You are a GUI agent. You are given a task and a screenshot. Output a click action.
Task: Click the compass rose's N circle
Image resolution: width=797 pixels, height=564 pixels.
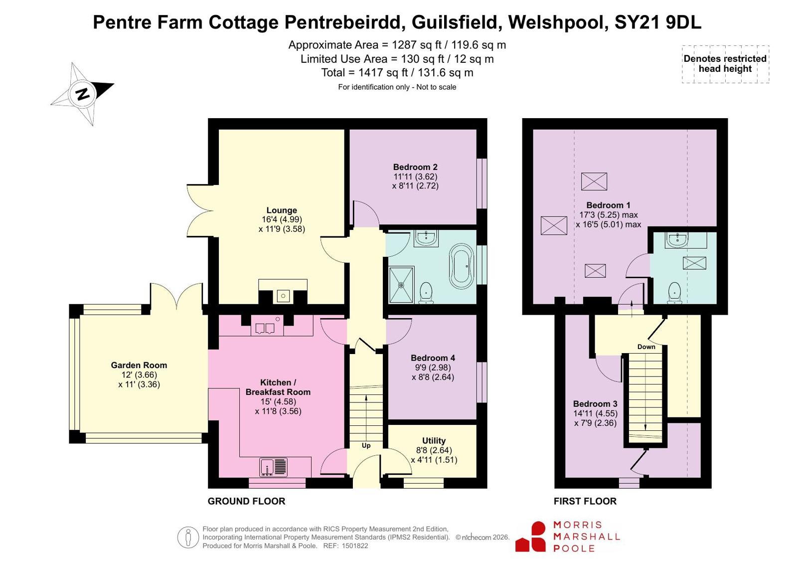click(83, 94)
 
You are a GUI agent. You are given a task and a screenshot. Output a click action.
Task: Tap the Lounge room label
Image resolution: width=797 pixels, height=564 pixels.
click(282, 210)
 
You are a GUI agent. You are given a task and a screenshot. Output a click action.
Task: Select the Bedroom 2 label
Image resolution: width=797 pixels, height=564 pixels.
click(415, 167)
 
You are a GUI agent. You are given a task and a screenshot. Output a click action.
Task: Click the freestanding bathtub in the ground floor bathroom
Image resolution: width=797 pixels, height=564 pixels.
click(462, 266)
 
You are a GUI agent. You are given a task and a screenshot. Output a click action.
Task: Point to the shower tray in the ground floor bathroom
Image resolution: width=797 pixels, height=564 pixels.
click(401, 284)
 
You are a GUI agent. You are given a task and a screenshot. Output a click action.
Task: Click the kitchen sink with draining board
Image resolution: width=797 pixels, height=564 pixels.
click(273, 467)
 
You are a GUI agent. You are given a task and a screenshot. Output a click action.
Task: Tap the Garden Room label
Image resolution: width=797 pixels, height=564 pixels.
click(139, 365)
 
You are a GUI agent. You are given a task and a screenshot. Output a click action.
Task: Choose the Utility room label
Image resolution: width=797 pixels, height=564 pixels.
click(434, 440)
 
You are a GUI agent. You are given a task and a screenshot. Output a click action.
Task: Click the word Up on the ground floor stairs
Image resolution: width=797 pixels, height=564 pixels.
click(366, 445)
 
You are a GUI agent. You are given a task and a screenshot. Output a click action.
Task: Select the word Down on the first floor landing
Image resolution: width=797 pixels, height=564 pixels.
click(646, 347)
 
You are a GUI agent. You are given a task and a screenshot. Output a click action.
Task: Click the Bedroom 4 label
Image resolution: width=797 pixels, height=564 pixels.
click(433, 358)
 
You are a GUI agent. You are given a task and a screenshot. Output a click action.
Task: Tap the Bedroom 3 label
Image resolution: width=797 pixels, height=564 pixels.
click(595, 404)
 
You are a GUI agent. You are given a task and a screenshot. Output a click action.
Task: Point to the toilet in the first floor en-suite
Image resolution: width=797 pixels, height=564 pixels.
click(674, 293)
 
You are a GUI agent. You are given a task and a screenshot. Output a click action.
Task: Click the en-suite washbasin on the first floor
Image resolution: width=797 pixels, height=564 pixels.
click(676, 240)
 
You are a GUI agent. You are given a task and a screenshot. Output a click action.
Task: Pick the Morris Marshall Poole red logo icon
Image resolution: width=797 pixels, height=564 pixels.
click(530, 537)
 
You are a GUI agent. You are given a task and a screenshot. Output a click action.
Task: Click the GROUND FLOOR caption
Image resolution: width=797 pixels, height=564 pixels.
click(247, 501)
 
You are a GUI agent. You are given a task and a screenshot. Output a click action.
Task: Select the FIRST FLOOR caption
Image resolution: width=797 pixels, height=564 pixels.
click(585, 501)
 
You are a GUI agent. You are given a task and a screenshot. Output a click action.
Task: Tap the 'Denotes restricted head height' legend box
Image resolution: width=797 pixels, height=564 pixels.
click(725, 64)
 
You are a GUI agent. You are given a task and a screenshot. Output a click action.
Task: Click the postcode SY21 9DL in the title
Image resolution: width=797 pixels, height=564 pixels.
click(658, 22)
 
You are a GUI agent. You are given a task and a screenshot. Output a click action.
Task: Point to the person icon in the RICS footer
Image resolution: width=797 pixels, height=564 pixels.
click(188, 537)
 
